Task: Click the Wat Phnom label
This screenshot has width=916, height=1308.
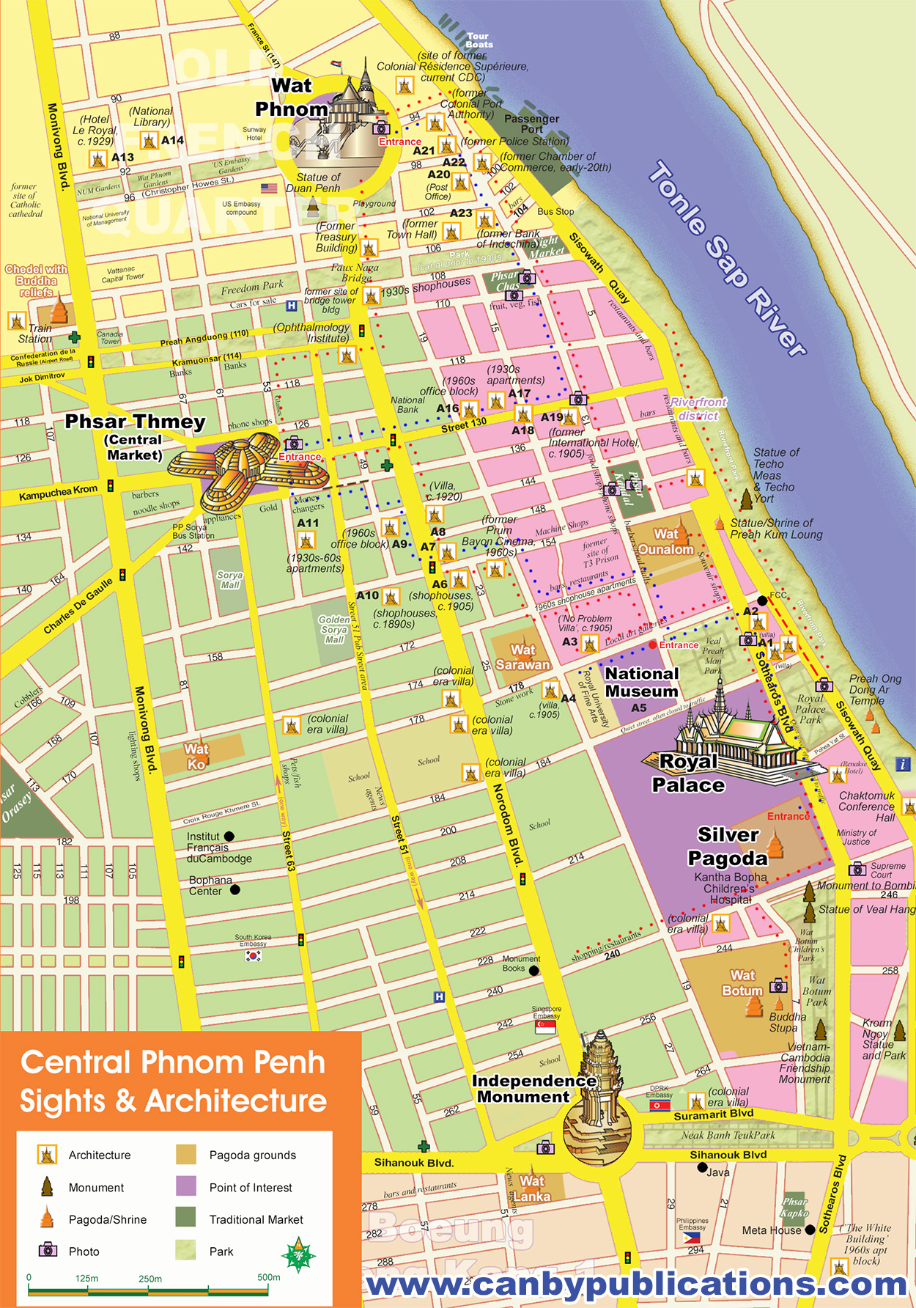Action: [292, 98]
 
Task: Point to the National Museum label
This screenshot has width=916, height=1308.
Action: [642, 682]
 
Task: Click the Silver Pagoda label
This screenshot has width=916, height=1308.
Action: [727, 846]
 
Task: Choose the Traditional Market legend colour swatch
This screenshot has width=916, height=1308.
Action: [186, 1218]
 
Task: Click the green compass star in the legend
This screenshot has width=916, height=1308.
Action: [298, 1255]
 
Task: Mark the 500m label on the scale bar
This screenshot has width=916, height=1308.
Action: [268, 1276]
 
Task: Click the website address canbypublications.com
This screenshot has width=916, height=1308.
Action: [636, 1284]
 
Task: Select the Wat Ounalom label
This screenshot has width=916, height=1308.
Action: [665, 542]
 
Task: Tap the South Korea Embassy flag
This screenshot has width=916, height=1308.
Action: [254, 955]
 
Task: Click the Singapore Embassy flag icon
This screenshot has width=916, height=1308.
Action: [545, 1026]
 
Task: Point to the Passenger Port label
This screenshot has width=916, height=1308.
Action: [531, 123]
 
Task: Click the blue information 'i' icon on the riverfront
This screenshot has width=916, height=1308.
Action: [903, 764]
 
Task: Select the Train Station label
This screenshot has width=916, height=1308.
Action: [35, 334]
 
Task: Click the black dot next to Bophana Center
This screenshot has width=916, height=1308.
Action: [235, 889]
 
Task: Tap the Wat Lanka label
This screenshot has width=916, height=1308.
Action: [532, 1188]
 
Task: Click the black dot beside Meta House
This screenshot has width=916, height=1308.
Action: [810, 1230]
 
